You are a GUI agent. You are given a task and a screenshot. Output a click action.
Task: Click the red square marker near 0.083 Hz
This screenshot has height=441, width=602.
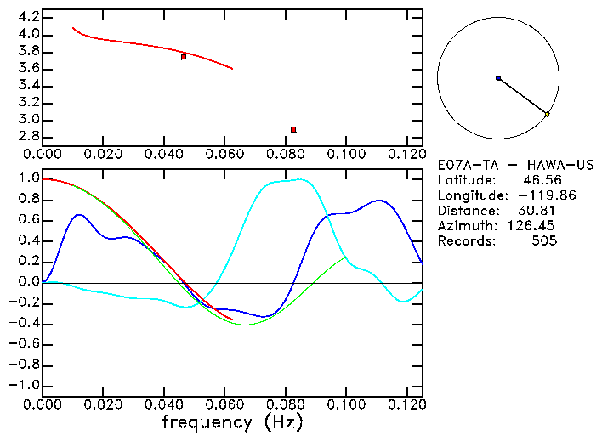(x=293, y=129)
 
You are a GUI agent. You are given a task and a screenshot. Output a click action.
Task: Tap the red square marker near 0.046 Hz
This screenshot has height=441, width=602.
(x=184, y=57)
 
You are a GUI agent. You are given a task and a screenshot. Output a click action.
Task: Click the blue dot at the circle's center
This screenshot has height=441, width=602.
(x=498, y=77)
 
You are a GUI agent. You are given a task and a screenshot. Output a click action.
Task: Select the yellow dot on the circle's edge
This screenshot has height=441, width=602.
(x=547, y=114)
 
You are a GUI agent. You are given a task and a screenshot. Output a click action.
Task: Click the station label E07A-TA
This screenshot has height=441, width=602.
(x=464, y=165)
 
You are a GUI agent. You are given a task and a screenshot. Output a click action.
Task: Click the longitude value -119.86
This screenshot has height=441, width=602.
(x=531, y=195)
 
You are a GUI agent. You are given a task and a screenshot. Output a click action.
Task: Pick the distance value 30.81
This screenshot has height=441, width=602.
(x=537, y=211)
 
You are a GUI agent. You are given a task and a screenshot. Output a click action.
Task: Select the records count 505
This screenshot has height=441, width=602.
(x=544, y=241)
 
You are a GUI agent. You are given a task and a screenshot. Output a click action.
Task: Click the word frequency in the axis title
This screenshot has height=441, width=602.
(x=207, y=421)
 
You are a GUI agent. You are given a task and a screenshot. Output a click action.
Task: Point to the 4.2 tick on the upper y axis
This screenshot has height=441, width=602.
(x=29, y=17)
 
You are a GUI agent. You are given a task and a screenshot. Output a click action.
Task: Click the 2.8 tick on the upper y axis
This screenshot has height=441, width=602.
(x=29, y=137)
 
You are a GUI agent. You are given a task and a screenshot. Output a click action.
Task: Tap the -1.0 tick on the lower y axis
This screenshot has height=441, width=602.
(x=26, y=385)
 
